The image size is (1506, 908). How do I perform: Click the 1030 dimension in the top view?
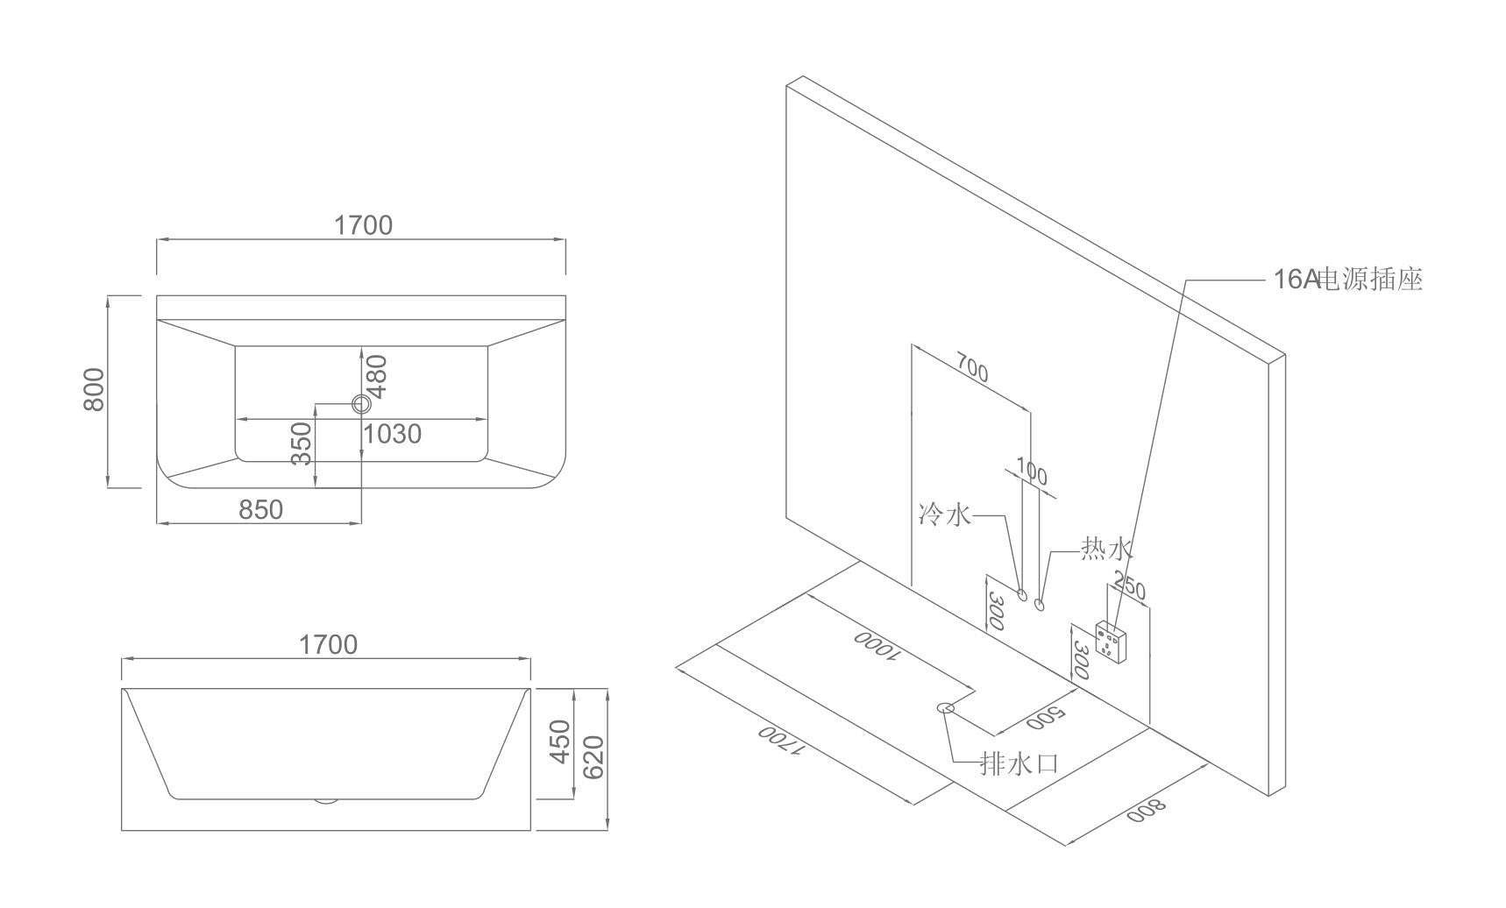[x=392, y=434]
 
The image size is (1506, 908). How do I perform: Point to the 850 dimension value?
[x=261, y=509]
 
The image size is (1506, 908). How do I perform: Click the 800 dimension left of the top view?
[x=94, y=389]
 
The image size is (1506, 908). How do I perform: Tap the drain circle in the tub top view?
[x=361, y=404]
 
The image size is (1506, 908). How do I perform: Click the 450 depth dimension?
[x=559, y=741]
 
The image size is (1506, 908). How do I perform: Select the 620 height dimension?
[x=593, y=759]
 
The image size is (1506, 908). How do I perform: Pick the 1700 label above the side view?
[x=329, y=645]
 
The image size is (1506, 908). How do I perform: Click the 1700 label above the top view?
[x=363, y=225]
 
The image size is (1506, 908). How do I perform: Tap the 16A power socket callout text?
[x=1347, y=280]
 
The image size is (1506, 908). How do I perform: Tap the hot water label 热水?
[x=1106, y=550]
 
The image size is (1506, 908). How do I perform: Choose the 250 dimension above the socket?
[x=1129, y=585]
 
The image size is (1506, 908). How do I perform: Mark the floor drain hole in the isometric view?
[x=946, y=707]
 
